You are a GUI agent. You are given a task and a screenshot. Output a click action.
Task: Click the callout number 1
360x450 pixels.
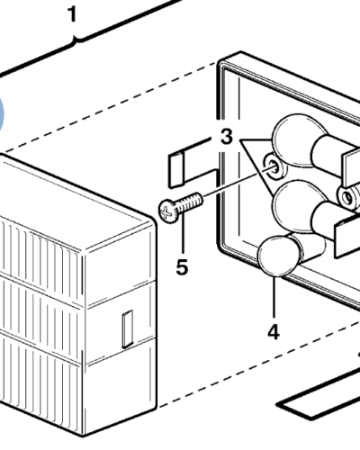pyautogui.click(x=72, y=14)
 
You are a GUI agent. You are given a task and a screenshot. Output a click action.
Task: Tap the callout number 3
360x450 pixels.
pyautogui.click(x=227, y=137)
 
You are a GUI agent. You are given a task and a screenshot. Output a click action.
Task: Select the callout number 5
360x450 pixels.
pyautogui.click(x=182, y=266)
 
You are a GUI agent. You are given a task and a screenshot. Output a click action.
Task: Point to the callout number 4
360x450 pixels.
pyautogui.click(x=274, y=332)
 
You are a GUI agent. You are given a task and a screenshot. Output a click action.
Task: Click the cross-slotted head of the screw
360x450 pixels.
pyautogui.click(x=168, y=212)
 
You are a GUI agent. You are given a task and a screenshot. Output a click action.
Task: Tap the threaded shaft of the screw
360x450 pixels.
pyautogui.click(x=191, y=202)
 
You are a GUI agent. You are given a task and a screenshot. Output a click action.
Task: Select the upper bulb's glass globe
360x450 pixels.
pyautogui.click(x=297, y=139)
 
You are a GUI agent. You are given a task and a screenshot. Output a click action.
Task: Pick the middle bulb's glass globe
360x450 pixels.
pyautogui.click(x=295, y=206)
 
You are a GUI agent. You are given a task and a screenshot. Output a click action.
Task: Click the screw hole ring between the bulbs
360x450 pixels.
pyautogui.click(x=274, y=166)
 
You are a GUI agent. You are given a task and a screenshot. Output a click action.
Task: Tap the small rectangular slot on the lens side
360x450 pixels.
pyautogui.click(x=128, y=329)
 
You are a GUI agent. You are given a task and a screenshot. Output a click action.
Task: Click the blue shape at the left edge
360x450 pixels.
pyautogui.click(x=1, y=114)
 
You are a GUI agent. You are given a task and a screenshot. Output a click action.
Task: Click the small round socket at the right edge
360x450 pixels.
pyautogui.click(x=348, y=197)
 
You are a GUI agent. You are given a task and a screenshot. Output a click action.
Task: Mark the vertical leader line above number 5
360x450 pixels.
pyautogui.click(x=183, y=237)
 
